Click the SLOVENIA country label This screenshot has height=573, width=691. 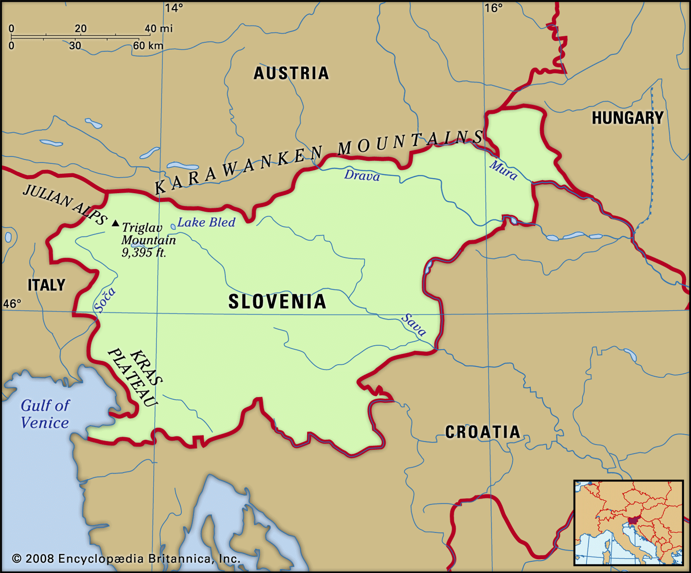click(x=277, y=302)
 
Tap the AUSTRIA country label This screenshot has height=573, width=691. click(x=291, y=73)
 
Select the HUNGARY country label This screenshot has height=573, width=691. click(x=627, y=118)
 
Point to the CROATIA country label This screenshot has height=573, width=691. click(x=482, y=432)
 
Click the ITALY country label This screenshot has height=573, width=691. click(x=46, y=285)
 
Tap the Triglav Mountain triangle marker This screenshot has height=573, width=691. click(x=115, y=223)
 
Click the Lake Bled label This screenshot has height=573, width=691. click(x=206, y=223)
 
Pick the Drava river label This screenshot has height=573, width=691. click(x=362, y=175)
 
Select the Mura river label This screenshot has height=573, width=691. click(x=503, y=170)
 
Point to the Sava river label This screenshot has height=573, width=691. click(x=414, y=325)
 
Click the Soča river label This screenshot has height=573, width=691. click(x=105, y=299)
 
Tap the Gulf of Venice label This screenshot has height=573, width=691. click(x=45, y=414)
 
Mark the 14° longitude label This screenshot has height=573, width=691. click(x=174, y=8)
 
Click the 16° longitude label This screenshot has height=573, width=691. click(x=493, y=8)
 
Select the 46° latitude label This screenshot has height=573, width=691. click(x=12, y=304)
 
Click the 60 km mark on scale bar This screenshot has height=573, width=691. click(x=148, y=45)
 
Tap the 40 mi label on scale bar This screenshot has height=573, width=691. click(x=158, y=29)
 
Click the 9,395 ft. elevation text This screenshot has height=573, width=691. click(x=143, y=252)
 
